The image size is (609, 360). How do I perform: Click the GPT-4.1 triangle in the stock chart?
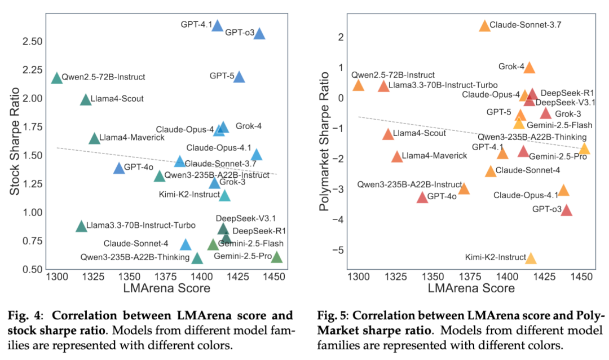pos(217,25)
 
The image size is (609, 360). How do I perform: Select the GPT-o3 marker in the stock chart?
pos(259,34)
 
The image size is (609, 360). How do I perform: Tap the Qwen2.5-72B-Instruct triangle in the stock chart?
pos(56,78)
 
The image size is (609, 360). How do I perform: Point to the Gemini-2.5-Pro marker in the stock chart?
pos(276,258)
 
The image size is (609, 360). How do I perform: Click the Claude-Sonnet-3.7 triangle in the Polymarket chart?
pos(485,26)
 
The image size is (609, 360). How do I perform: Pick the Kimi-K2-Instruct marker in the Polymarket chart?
pos(531,258)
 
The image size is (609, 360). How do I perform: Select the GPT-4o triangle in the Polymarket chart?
pos(422,197)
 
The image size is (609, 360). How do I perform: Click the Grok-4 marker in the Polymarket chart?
pos(529,68)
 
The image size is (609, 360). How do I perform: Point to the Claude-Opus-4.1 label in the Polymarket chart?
pos(526,195)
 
